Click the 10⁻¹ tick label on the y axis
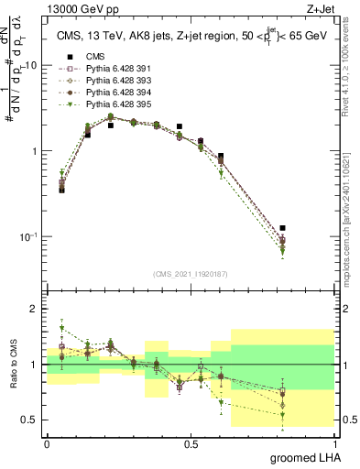[28, 236]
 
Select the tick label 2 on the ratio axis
[36, 309]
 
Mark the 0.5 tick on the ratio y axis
[32, 420]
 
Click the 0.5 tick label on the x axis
[191, 443]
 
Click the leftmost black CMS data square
[61, 190]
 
